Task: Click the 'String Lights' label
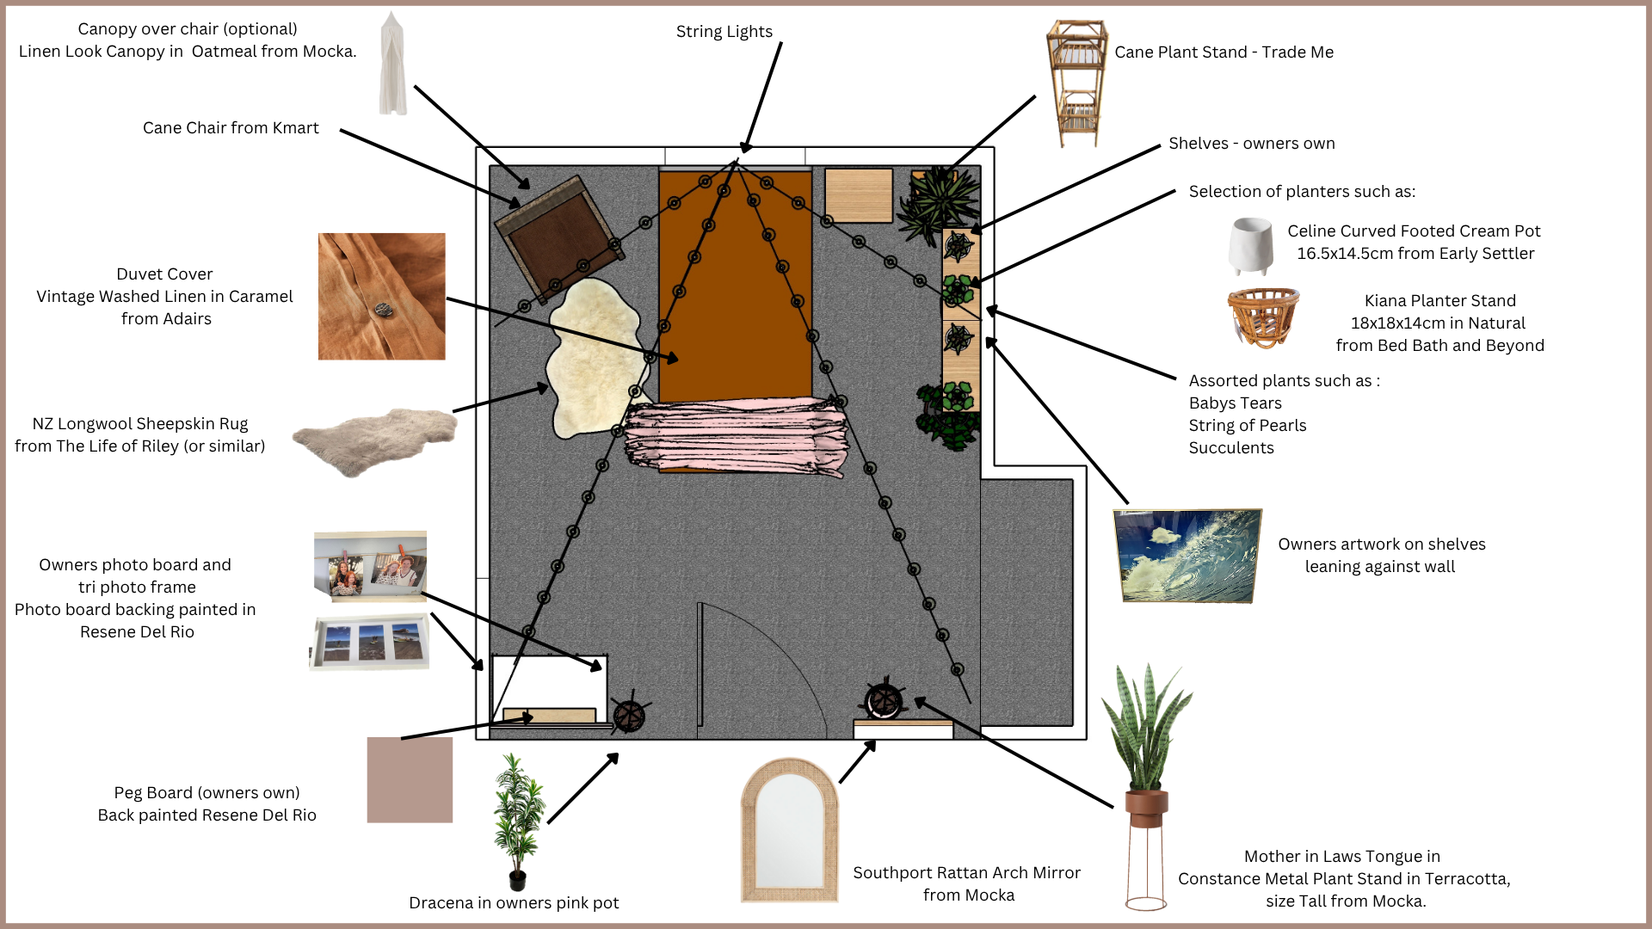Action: (x=724, y=32)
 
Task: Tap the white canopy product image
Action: (x=393, y=65)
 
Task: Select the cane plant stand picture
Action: (x=1076, y=83)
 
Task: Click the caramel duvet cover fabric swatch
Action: (x=381, y=296)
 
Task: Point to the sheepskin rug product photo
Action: (x=375, y=440)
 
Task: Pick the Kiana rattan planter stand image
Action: (x=1262, y=317)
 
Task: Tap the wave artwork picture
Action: (x=1187, y=556)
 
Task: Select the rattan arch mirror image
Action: (x=789, y=829)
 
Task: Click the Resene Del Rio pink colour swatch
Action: (x=410, y=779)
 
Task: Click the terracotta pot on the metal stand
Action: (x=1146, y=807)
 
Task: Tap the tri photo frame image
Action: (x=369, y=643)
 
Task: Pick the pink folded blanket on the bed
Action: (x=736, y=435)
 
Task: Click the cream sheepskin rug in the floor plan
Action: (x=594, y=357)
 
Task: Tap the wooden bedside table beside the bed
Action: (x=858, y=195)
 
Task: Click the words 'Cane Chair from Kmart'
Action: (x=231, y=128)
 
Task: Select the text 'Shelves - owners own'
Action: (x=1251, y=144)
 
